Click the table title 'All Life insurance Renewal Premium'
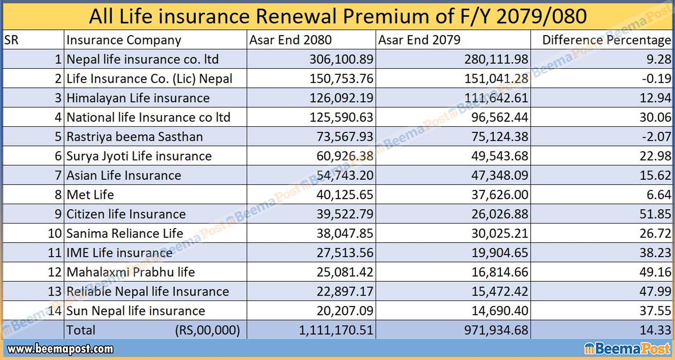[337, 17]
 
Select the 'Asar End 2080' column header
[290, 40]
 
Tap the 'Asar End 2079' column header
[419, 40]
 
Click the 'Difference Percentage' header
[606, 40]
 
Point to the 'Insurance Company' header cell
[124, 40]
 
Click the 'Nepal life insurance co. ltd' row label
[142, 59]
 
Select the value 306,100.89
[341, 59]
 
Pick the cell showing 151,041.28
[496, 79]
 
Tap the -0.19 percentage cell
[656, 79]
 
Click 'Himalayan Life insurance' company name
[138, 98]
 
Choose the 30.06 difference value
[655, 118]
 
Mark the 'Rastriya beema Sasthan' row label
[134, 137]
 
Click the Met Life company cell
[90, 194]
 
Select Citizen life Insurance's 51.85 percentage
[655, 214]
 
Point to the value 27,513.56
[345, 253]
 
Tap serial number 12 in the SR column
[55, 272]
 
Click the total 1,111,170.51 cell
[336, 330]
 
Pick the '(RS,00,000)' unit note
[207, 330]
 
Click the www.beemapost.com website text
[60, 349]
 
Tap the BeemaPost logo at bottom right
[627, 349]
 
